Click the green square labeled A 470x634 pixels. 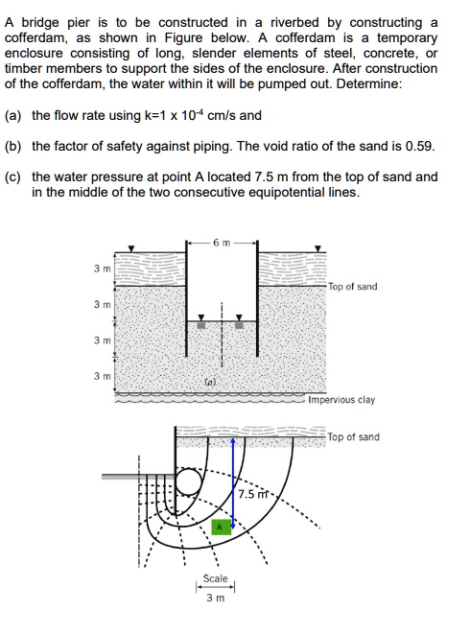[218, 527]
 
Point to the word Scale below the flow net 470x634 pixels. [216, 578]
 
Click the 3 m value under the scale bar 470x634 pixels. [216, 599]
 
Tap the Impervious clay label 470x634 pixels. [341, 400]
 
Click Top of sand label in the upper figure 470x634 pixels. [353, 287]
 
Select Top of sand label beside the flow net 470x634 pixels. [353, 437]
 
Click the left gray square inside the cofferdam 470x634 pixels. [200, 324]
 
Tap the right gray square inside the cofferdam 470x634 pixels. [240, 324]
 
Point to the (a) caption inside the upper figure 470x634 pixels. [211, 382]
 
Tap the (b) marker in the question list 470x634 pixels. [13, 147]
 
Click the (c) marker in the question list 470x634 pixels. [13, 177]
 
